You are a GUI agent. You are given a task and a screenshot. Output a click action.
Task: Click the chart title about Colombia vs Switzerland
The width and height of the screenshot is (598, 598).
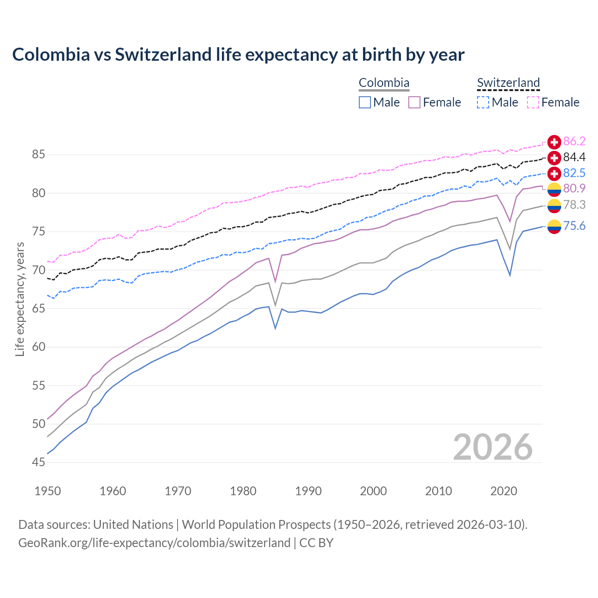coord(238,55)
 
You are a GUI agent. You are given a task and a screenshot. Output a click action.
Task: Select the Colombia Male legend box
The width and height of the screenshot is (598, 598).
coord(365,102)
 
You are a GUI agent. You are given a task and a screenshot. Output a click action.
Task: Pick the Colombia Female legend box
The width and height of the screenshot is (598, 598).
coord(414,102)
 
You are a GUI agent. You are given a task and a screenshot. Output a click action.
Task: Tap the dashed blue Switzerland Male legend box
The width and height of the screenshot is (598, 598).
coord(483,102)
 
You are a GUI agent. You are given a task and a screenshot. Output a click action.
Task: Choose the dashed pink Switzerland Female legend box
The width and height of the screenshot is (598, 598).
coord(533,102)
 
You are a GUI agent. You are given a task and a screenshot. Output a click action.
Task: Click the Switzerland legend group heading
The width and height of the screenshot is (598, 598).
coord(508,83)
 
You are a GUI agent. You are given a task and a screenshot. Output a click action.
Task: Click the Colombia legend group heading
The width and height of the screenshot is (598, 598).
coord(384,83)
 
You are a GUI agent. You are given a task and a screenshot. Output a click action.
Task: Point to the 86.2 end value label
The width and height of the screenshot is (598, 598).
coord(574,142)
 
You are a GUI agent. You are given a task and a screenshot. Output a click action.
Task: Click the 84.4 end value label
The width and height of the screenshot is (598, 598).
coord(574,157)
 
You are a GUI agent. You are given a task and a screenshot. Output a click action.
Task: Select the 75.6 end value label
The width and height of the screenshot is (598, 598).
coord(574,226)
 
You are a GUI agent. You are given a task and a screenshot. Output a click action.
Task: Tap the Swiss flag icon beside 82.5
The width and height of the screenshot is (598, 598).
coord(554,173)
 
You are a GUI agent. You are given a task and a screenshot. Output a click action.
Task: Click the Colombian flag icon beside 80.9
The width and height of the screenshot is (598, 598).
coord(554,189)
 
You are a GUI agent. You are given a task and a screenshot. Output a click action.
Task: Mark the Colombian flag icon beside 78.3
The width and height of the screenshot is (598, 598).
coord(554,205)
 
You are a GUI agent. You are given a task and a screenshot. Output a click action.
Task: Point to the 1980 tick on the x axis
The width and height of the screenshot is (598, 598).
coord(243,491)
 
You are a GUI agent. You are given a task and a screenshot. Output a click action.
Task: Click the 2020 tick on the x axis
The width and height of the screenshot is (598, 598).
coord(504,491)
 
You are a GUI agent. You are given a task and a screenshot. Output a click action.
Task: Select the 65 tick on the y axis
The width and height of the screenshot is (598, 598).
coord(39,309)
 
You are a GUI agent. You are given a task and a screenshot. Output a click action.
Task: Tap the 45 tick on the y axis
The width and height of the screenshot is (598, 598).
coord(39,463)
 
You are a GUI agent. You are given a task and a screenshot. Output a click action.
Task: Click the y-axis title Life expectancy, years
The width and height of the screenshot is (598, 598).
coord(20,299)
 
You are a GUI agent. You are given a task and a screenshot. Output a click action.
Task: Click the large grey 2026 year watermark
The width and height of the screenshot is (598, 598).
coord(493,447)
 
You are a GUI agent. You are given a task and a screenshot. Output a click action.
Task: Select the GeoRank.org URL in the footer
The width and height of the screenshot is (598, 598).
coord(154,543)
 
